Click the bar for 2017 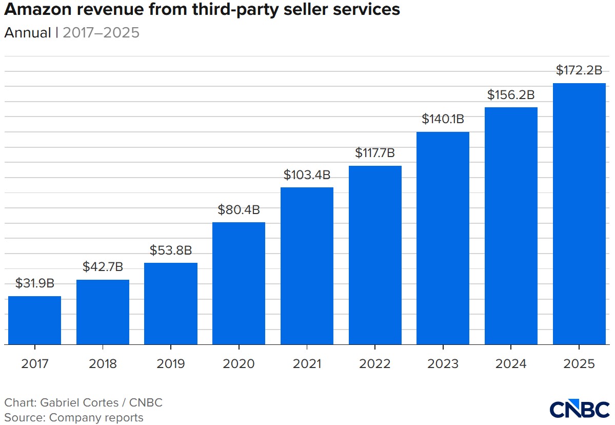click(35, 320)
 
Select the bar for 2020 click(239, 283)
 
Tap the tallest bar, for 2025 click(579, 214)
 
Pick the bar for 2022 click(375, 255)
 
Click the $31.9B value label click(35, 283)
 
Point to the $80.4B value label click(239, 209)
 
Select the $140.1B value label click(443, 119)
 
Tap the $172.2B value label click(579, 71)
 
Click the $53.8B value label click(171, 250)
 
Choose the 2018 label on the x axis click(103, 364)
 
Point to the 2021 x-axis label click(307, 364)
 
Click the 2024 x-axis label click(511, 364)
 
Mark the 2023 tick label click(443, 364)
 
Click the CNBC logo click(579, 409)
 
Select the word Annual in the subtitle click(28, 33)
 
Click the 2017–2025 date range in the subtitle click(101, 33)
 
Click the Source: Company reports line click(74, 417)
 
